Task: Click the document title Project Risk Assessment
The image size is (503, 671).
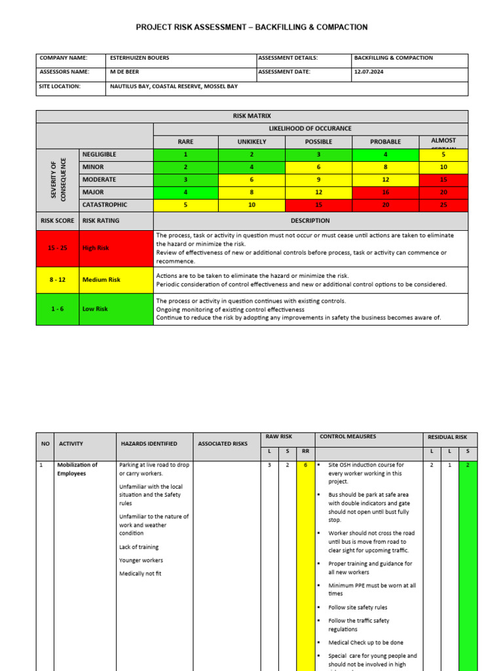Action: click(251, 27)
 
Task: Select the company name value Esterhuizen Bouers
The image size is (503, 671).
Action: click(140, 58)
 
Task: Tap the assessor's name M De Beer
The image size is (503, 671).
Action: click(124, 72)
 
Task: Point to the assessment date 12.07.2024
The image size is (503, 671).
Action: click(370, 72)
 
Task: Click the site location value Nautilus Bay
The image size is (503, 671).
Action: click(174, 86)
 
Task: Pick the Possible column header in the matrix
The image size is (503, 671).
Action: click(318, 142)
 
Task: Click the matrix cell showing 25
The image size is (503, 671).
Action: click(443, 204)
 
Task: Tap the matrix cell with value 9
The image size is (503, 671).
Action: click(318, 179)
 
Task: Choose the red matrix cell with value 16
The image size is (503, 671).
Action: click(384, 191)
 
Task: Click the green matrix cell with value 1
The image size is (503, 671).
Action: click(185, 154)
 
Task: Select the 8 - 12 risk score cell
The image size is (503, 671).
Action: click(58, 280)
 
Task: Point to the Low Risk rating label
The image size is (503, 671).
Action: click(95, 309)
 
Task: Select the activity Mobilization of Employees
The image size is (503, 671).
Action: click(77, 469)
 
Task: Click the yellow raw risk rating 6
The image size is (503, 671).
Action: click(305, 465)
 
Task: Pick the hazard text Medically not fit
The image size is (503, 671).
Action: click(140, 573)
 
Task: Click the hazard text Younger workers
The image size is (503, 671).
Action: click(141, 560)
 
